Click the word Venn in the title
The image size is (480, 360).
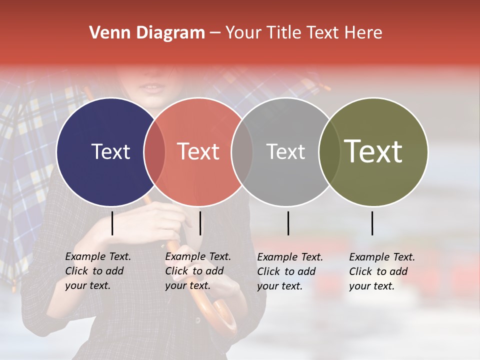click(x=106, y=33)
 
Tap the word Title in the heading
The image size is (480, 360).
click(x=284, y=33)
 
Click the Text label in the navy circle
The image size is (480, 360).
click(x=110, y=151)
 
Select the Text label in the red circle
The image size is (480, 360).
click(x=198, y=151)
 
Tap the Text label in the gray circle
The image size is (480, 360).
click(x=285, y=151)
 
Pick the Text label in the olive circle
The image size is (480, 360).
click(x=373, y=151)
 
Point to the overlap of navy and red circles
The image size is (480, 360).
click(x=154, y=151)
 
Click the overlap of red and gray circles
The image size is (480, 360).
click(x=242, y=151)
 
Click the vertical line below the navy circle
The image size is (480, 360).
click(x=112, y=223)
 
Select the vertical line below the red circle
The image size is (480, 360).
click(x=200, y=223)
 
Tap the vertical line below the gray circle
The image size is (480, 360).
click(x=288, y=223)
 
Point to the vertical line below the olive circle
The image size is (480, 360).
click(x=372, y=223)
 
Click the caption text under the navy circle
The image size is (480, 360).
click(x=97, y=271)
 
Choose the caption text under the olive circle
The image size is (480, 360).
click(x=381, y=271)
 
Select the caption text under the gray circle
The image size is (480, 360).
click(x=289, y=271)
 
